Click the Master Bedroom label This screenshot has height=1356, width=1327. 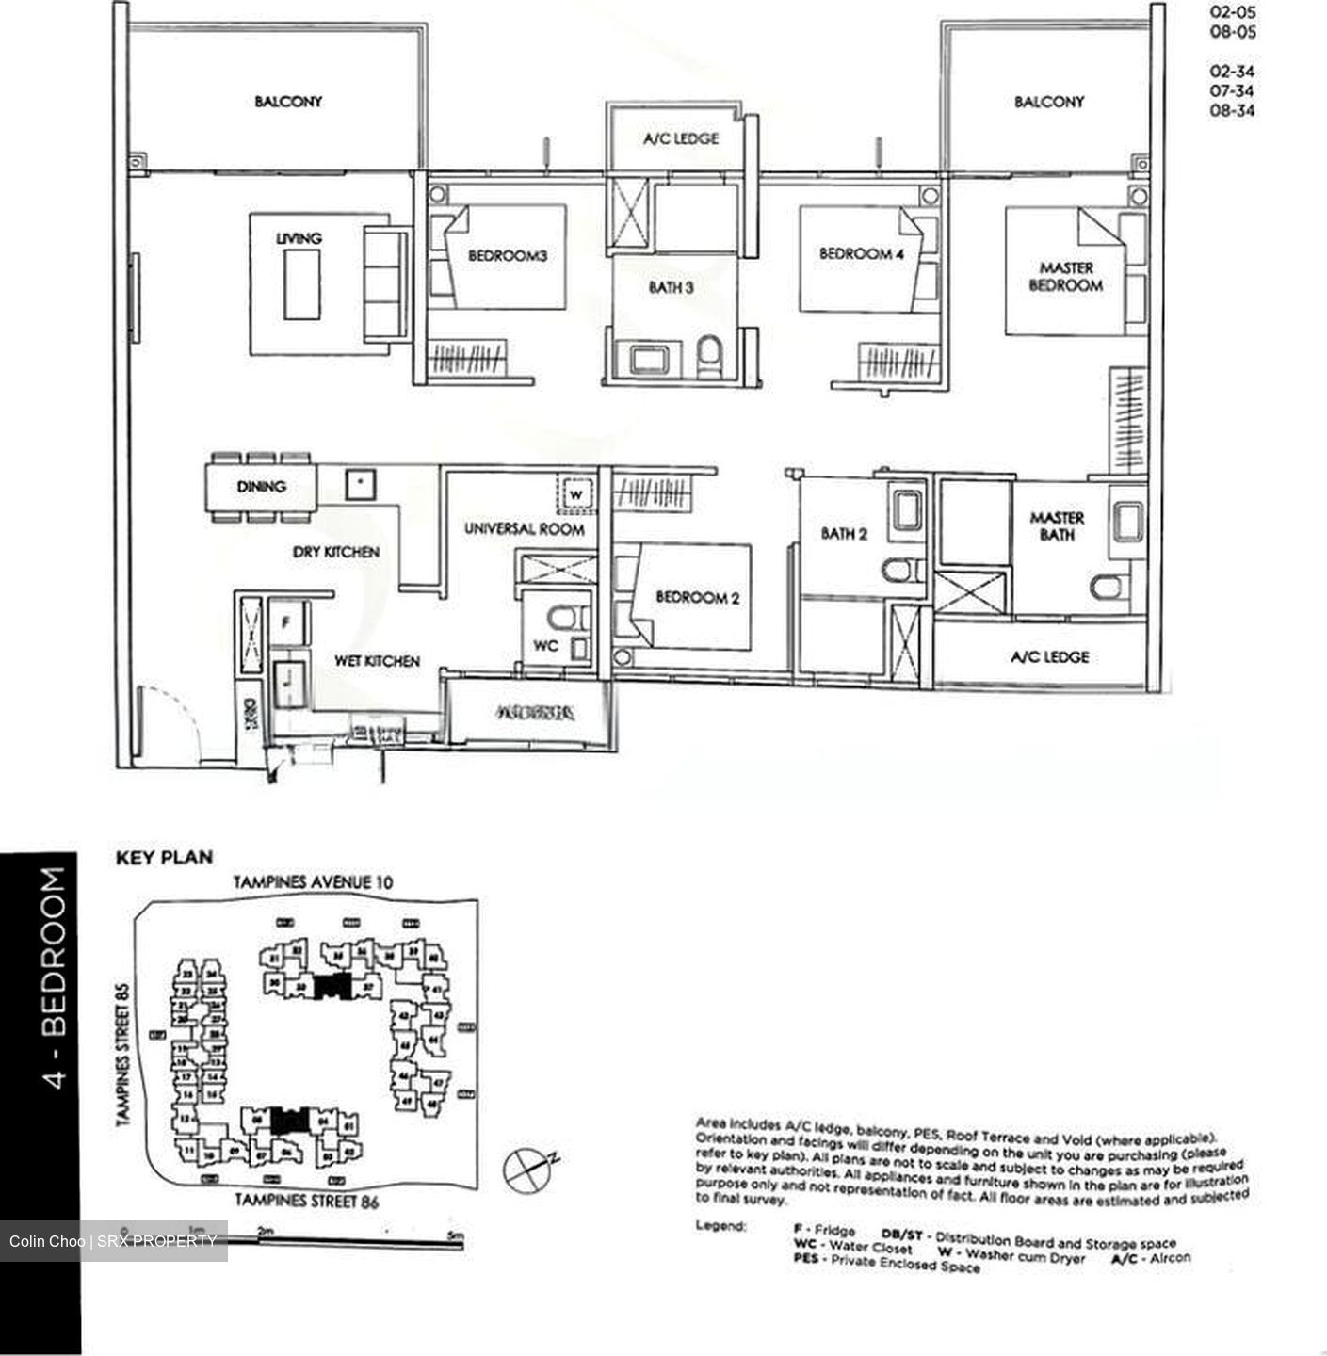click(x=1065, y=276)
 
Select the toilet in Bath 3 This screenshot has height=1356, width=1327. click(x=709, y=357)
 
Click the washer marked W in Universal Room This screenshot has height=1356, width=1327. click(x=576, y=493)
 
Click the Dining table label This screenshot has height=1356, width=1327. click(x=261, y=487)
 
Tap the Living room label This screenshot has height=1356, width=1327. click(x=299, y=239)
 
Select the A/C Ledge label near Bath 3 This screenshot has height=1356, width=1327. click(x=680, y=138)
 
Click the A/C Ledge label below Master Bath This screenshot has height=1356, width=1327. click(x=1049, y=657)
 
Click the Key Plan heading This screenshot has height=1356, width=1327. click(x=164, y=857)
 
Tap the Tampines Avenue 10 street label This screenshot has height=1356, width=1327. click(x=313, y=882)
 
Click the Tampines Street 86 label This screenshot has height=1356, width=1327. click(x=306, y=1201)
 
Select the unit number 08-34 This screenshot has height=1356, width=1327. click(x=1232, y=110)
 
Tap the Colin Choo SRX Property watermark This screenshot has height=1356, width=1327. click(x=113, y=1241)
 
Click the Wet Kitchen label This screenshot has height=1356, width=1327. click(x=377, y=661)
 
